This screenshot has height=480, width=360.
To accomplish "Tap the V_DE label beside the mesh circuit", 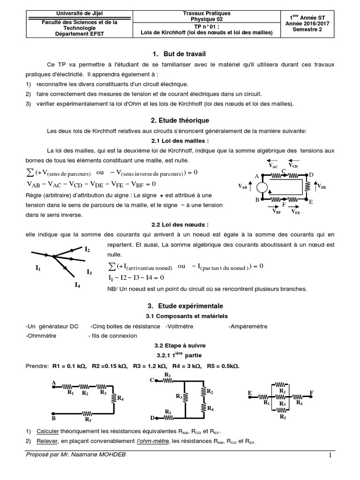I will [321, 187].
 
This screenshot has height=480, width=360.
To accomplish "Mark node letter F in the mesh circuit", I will [283, 205].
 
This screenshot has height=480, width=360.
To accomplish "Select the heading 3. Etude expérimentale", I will [180, 305].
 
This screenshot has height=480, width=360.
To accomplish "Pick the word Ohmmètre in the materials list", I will [41, 336].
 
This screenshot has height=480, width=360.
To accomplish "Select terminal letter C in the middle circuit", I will [152, 380].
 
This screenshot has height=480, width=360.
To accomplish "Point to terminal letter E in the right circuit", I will [249, 392].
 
